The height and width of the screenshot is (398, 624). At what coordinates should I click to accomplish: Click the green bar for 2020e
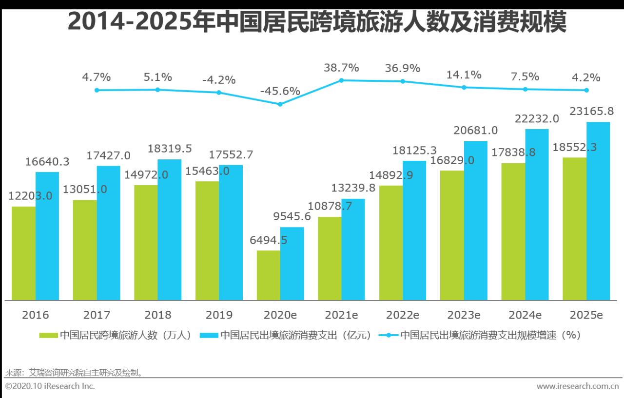(268, 275)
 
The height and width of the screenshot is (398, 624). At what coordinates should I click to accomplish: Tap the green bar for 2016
(23, 253)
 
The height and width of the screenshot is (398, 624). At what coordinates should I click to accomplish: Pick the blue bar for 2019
(231, 232)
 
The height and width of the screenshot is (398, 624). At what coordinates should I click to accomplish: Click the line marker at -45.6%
(280, 104)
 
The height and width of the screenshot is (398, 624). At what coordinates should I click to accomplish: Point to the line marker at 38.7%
(341, 80)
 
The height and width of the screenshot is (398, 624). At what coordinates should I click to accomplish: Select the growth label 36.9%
(402, 68)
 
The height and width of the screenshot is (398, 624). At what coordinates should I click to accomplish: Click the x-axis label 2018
(158, 315)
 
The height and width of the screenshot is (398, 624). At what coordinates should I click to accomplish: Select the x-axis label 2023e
(464, 315)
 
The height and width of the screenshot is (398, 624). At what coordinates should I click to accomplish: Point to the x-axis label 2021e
(341, 315)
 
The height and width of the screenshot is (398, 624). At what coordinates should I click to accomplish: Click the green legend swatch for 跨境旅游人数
(49, 335)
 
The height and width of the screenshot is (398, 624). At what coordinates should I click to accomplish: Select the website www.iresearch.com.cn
(577, 386)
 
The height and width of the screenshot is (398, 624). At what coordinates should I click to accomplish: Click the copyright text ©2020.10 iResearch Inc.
(50, 386)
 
